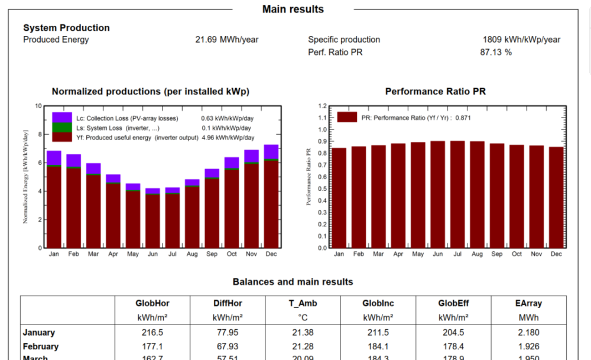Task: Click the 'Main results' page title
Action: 293,9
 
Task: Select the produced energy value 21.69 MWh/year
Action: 226,40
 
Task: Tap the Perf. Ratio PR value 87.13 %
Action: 495,52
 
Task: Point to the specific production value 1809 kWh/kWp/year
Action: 521,40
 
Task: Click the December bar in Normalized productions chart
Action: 271,201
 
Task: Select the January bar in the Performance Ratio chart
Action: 339,197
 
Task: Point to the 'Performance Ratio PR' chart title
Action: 436,92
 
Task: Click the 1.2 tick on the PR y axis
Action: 323,106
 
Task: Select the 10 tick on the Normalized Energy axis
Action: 38,106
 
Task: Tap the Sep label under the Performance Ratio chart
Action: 497,254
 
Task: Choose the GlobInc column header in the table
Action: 378,303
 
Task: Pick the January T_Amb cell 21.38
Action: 303,333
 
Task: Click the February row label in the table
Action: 41,346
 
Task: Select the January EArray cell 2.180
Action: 528,333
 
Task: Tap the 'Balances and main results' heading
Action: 293,282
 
